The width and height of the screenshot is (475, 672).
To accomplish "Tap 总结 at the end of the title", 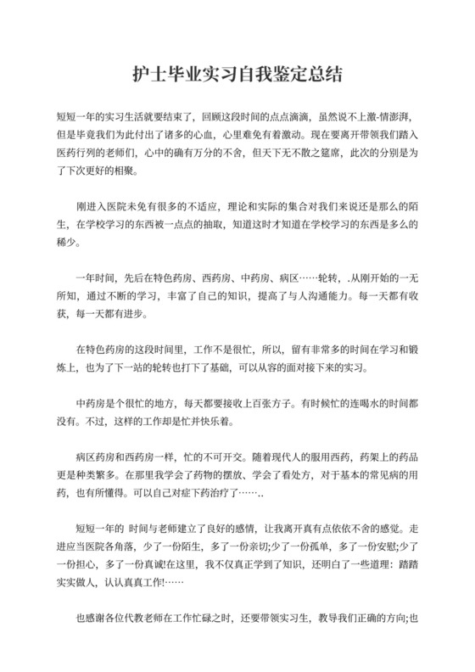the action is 327,74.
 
